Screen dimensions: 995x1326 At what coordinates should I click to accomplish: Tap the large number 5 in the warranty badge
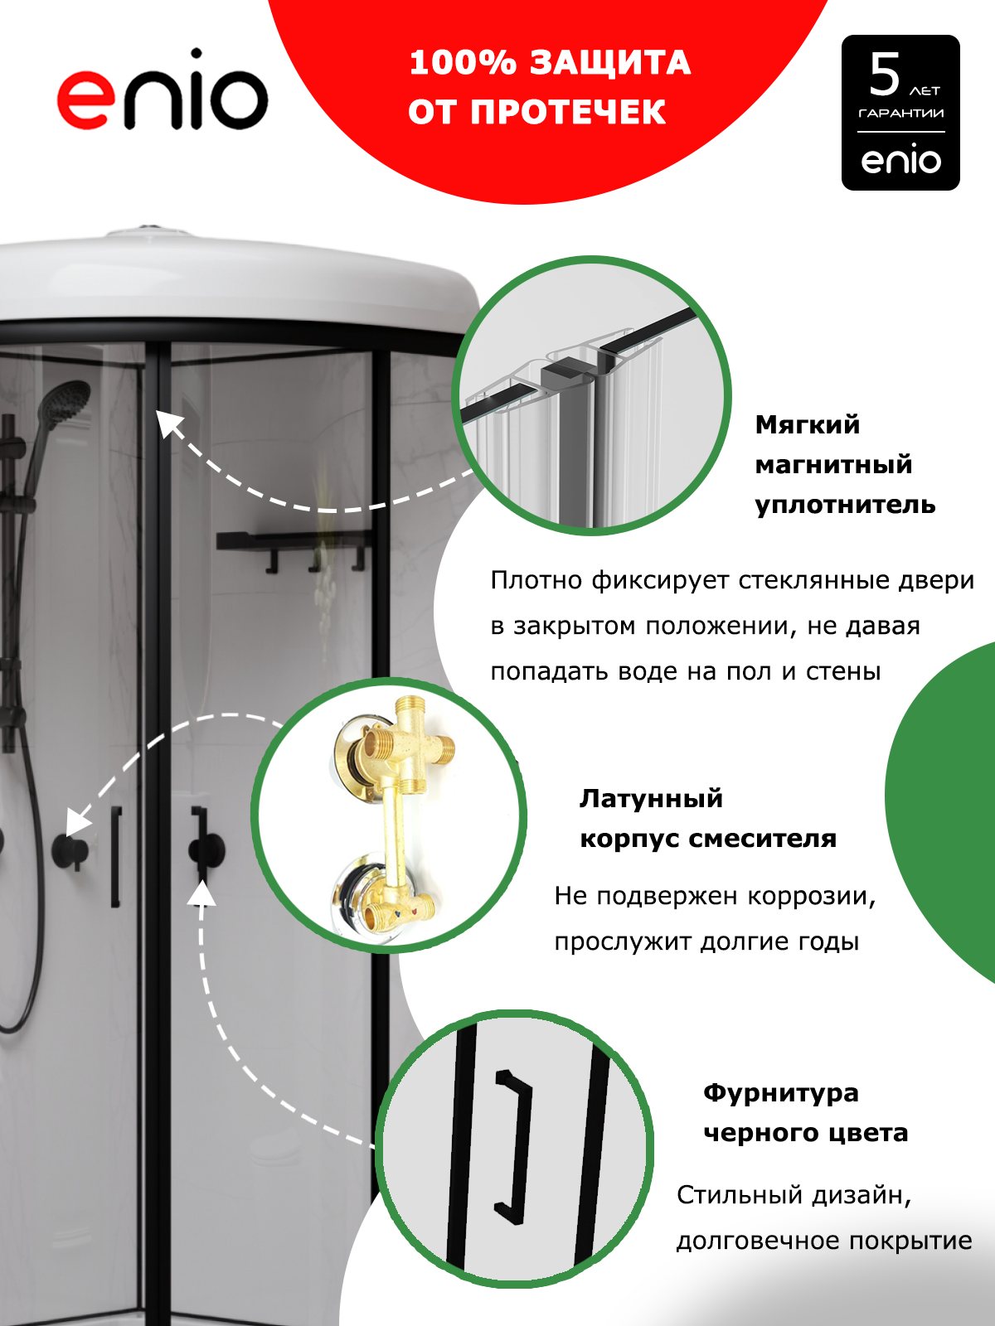(885, 75)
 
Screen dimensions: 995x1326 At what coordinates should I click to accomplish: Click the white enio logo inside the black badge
(900, 159)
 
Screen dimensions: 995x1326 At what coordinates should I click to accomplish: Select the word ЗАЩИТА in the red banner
(610, 63)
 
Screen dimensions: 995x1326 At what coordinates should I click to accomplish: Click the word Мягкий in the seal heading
(807, 426)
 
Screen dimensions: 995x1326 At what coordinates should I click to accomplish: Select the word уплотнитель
(845, 505)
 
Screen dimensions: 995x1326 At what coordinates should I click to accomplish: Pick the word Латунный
(651, 799)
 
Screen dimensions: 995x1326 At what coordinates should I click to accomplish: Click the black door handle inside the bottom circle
(514, 1146)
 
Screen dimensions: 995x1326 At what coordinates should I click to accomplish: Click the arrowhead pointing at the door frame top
(168, 422)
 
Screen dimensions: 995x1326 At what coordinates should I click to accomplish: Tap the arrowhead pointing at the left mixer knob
(77, 823)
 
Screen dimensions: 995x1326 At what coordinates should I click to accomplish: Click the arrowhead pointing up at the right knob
(201, 893)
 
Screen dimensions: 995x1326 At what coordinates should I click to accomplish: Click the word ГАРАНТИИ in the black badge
(900, 114)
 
